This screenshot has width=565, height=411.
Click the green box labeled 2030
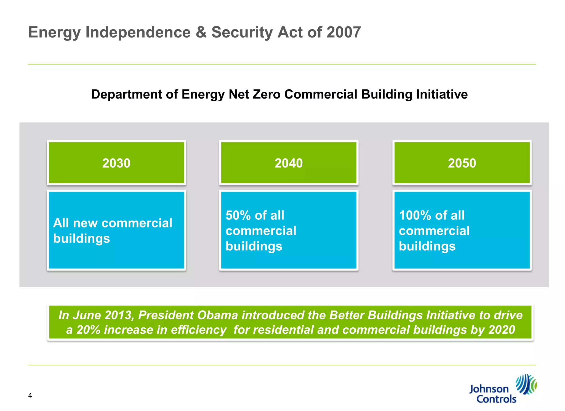coord(116,163)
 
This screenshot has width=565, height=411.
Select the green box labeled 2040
coord(289,163)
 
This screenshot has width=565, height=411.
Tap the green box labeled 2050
coord(462,163)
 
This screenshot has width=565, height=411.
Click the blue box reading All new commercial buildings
coord(116,230)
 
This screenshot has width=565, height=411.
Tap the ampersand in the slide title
coord(201,32)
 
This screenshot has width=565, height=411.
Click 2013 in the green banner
coord(119,315)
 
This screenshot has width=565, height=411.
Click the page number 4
coord(30,396)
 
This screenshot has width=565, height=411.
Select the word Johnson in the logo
coord(489,389)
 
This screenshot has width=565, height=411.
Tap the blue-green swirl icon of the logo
coord(526,384)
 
